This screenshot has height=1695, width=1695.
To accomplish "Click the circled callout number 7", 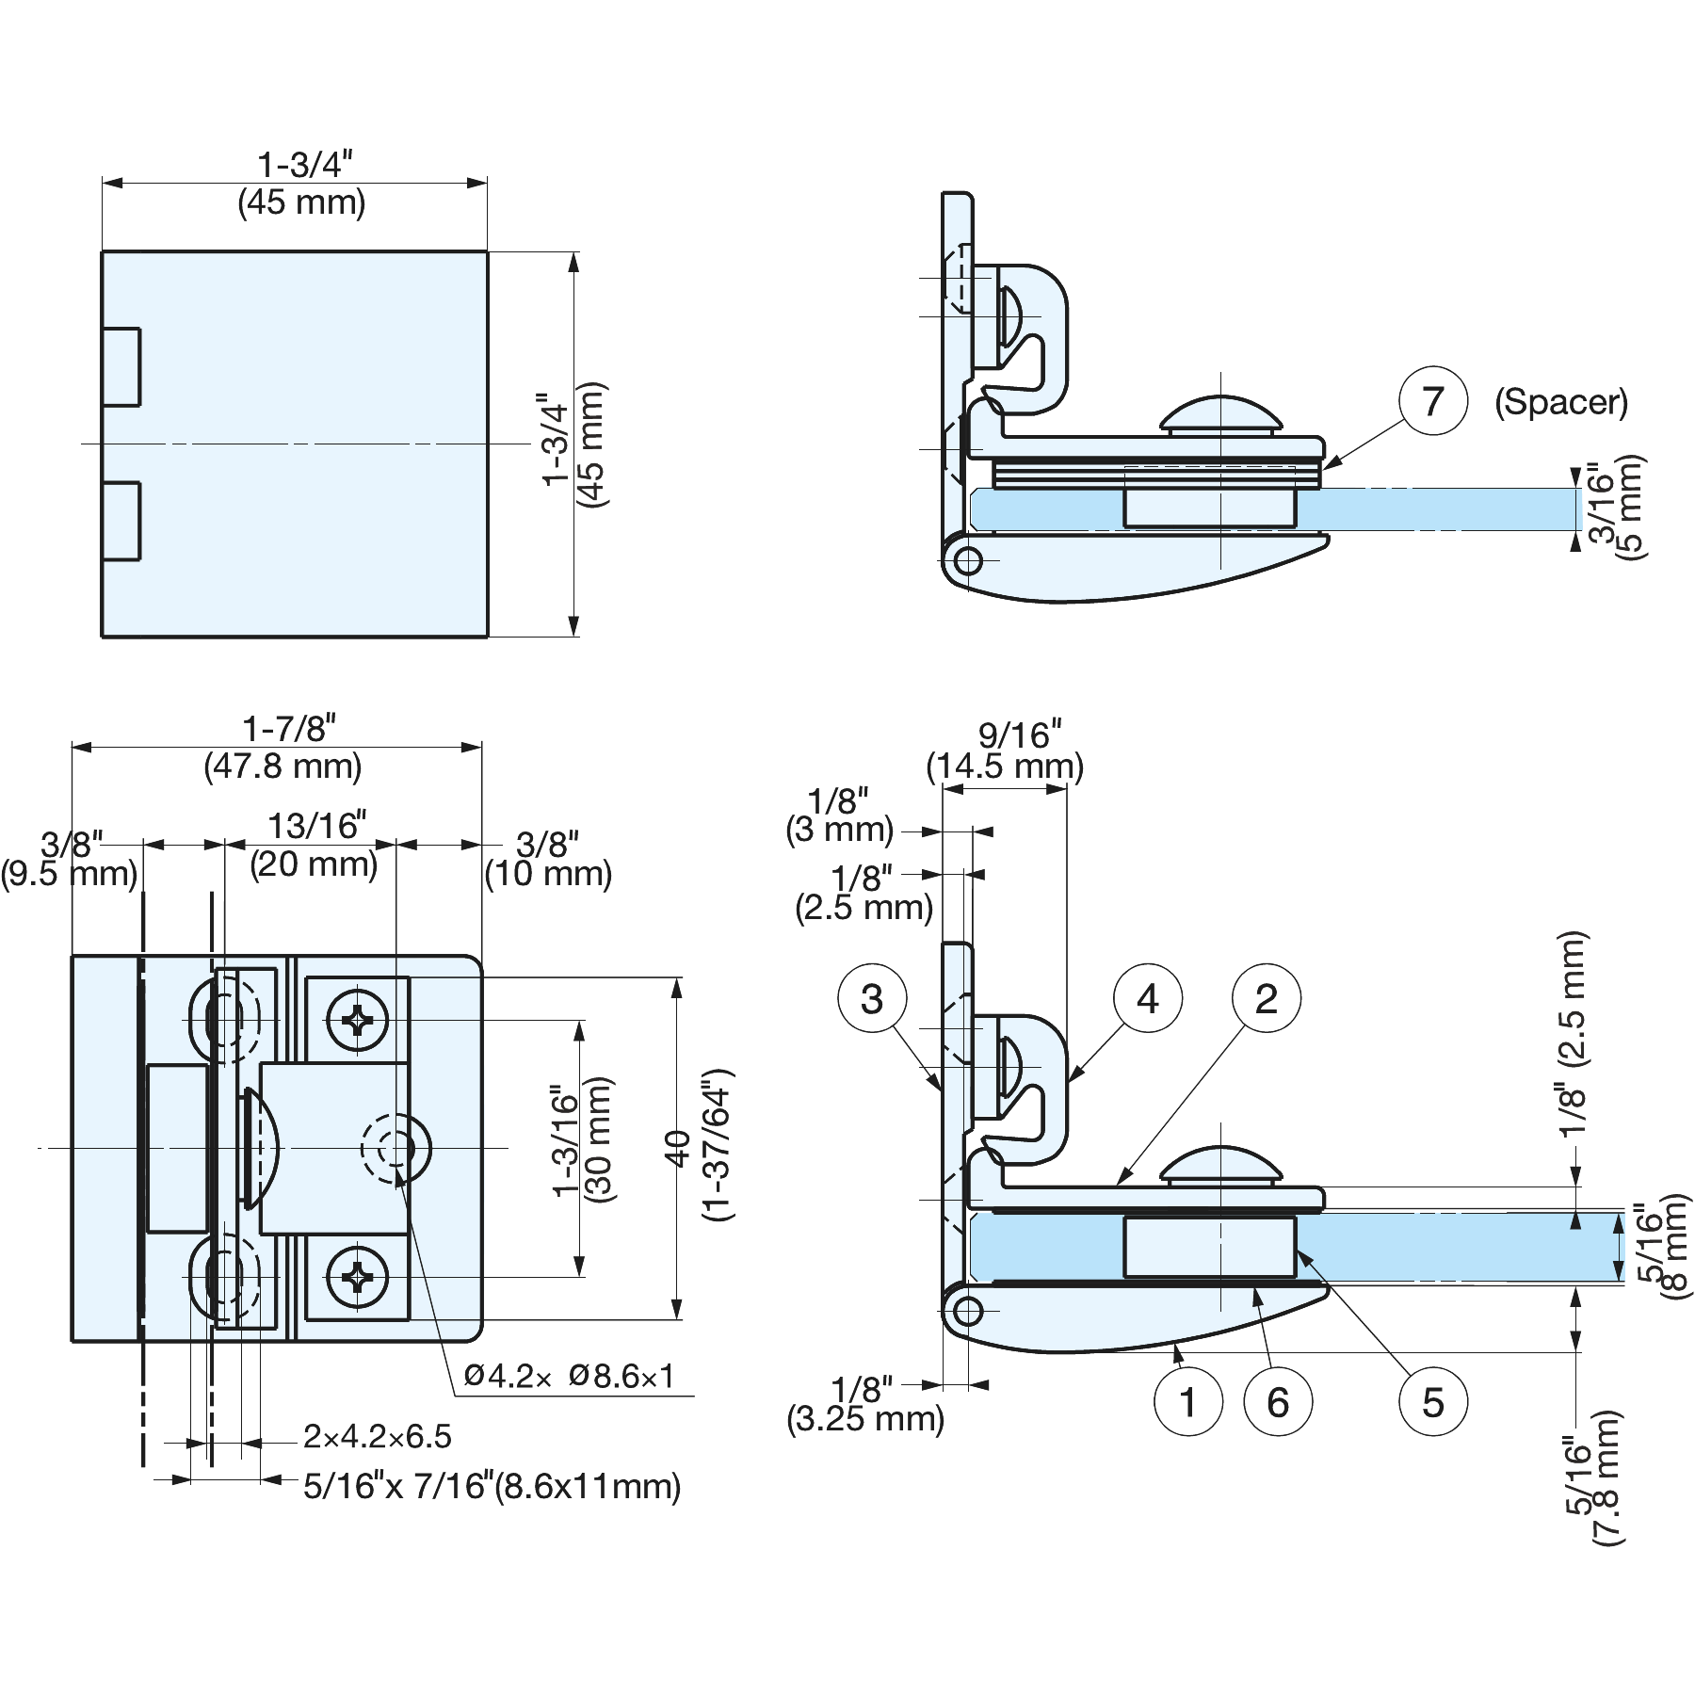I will (x=1432, y=401).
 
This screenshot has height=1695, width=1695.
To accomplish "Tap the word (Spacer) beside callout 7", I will (x=1560, y=402).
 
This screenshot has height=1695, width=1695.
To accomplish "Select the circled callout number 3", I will (x=872, y=998).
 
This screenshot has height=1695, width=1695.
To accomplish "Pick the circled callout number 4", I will (x=1147, y=998).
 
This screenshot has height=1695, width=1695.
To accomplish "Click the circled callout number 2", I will (x=1267, y=998).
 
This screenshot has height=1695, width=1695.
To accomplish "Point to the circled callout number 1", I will (x=1187, y=1402).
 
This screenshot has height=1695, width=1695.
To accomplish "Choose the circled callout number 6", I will (x=1278, y=1402).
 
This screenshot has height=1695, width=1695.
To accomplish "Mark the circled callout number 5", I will (x=1432, y=1402).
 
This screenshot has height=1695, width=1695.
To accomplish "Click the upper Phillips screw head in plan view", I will (x=357, y=1020).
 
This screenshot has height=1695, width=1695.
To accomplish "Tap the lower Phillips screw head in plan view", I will (x=357, y=1278).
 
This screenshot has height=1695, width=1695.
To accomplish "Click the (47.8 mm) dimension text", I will (x=282, y=766).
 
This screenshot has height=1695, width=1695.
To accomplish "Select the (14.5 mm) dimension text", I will (x=1005, y=767).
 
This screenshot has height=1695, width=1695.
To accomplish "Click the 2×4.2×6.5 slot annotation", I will (x=377, y=1437).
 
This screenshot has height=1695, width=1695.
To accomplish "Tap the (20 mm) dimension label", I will (x=314, y=864).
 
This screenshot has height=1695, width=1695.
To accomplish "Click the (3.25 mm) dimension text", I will (x=864, y=1418).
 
